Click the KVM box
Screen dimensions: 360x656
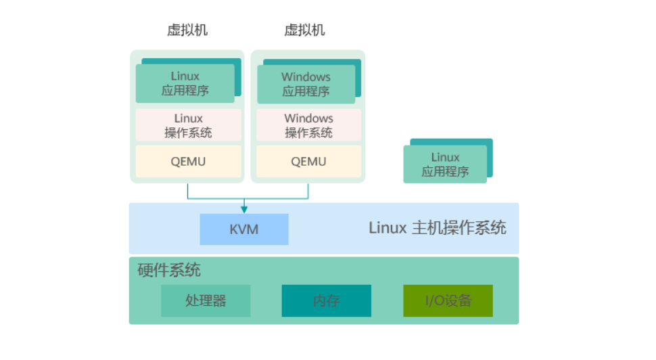[243, 229]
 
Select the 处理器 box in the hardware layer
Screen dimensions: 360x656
[206, 300]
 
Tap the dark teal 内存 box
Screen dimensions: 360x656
[326, 300]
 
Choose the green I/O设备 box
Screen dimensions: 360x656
[448, 300]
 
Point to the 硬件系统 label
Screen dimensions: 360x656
[169, 271]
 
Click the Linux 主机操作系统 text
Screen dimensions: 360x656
[437, 227]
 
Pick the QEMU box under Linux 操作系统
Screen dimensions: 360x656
[188, 162]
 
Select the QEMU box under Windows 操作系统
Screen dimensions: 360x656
[308, 162]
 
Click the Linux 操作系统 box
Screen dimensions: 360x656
[188, 125]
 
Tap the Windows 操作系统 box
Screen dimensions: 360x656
[308, 125]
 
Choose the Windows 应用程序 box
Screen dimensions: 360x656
[306, 84]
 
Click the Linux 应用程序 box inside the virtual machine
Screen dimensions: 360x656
[185, 84]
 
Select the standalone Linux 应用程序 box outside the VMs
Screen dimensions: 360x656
[445, 164]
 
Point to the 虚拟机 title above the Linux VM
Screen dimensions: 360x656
[187, 30]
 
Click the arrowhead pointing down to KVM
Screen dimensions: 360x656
[244, 209]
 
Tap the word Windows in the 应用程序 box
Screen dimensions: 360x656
[306, 77]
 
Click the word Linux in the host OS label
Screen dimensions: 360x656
[387, 227]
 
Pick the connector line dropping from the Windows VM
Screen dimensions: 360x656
[308, 191]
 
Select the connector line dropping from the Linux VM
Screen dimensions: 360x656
[188, 191]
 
